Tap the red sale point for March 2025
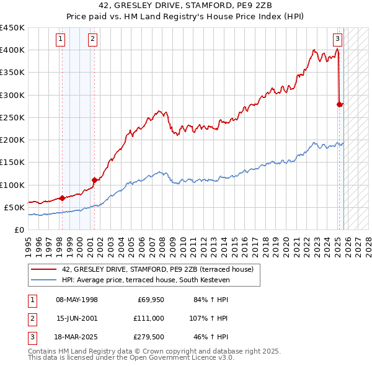pyautogui.click(x=340, y=104)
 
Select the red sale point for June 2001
pyautogui.click(x=94, y=180)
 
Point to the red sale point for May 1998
pyautogui.click(x=63, y=199)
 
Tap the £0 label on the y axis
pyautogui.click(x=19, y=230)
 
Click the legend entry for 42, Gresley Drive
pyautogui.click(x=157, y=269)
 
